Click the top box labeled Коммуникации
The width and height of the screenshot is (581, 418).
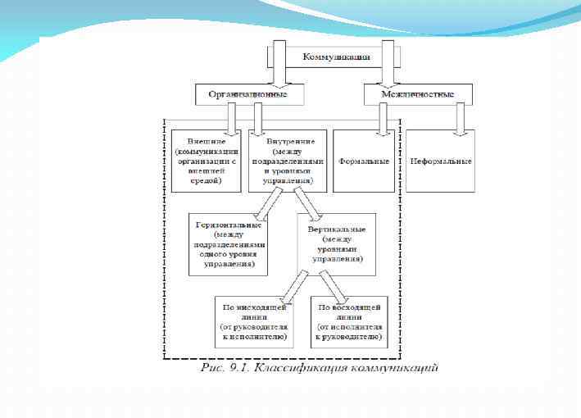[x=336, y=57]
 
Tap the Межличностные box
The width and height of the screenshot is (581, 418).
[x=417, y=95]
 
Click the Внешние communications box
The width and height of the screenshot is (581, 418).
[x=207, y=160]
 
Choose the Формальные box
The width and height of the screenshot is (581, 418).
[x=365, y=160]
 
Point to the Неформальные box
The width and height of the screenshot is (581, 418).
[x=441, y=160]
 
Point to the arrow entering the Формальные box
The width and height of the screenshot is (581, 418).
[x=381, y=119]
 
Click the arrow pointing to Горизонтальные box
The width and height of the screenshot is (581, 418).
[x=269, y=202]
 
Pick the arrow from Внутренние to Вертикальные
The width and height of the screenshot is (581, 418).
[x=305, y=202]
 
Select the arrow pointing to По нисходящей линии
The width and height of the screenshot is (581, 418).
[x=290, y=284]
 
